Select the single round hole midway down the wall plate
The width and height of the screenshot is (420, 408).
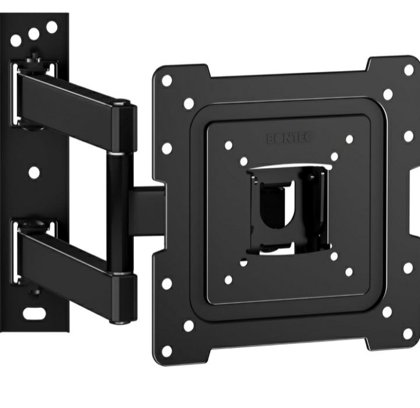click(x=34, y=172)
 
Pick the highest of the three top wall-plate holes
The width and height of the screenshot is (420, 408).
click(x=52, y=26)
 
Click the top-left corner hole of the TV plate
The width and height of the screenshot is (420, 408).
click(x=166, y=80)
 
